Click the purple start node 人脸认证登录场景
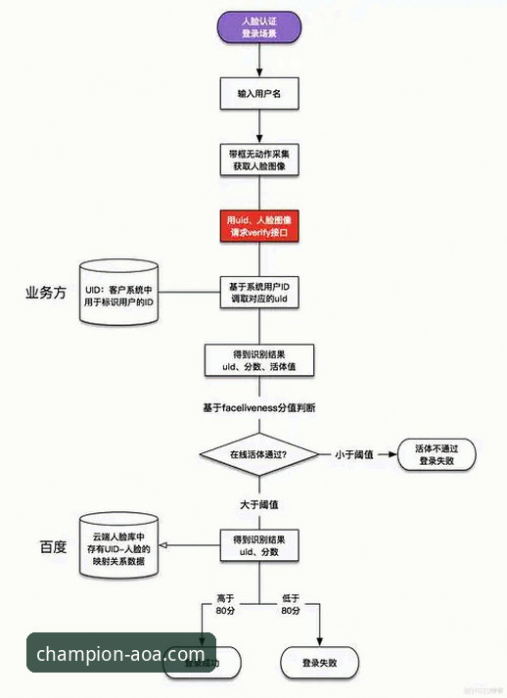[x=259, y=26]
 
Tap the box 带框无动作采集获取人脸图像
[x=259, y=160]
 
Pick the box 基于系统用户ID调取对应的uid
[x=259, y=292]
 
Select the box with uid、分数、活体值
[x=259, y=359]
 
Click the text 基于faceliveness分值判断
[x=259, y=405]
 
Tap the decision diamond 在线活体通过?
[x=259, y=454]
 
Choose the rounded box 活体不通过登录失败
[x=438, y=453]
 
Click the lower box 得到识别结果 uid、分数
[x=259, y=546]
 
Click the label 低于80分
[x=290, y=604]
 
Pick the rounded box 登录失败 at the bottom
[x=319, y=662]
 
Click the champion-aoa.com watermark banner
[x=121, y=654]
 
